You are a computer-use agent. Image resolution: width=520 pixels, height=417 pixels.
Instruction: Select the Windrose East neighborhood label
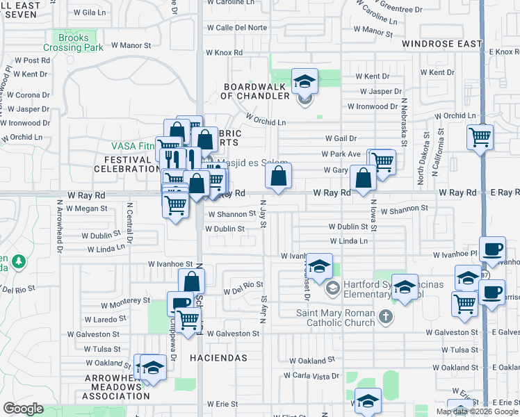441,44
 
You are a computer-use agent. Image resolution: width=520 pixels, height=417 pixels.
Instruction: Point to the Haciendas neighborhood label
224,357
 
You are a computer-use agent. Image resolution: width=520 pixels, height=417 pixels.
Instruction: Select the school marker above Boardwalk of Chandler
304,82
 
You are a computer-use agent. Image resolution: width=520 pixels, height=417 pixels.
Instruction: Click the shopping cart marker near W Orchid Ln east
480,136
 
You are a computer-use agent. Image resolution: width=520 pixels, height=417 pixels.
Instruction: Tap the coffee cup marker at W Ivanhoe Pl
492,250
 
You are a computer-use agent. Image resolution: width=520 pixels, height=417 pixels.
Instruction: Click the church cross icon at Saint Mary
386,317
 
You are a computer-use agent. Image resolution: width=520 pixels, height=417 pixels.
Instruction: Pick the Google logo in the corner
23,409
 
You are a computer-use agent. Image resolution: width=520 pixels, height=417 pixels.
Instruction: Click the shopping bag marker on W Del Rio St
191,281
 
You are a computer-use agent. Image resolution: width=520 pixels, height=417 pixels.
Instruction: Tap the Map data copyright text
476,411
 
